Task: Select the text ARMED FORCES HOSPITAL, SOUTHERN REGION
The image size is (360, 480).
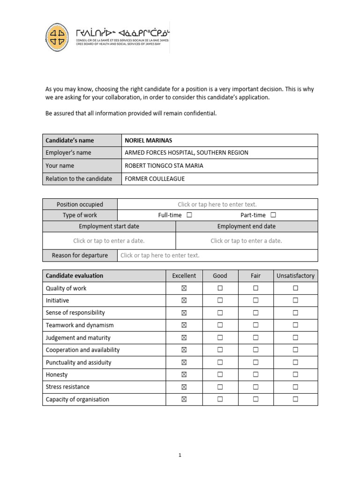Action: coord(186,153)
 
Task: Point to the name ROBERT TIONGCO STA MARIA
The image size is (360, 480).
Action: coord(164,165)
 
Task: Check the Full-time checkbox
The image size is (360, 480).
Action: coord(189,215)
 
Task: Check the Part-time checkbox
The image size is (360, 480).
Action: coord(273,215)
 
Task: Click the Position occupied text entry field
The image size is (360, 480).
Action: coord(217,204)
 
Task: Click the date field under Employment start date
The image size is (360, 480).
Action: coord(109,241)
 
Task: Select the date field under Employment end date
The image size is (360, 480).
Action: coord(246,241)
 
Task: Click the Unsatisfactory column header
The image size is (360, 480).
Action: coord(295,276)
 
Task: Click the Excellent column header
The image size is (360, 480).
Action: coord(184,276)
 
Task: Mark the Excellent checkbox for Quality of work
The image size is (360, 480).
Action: coord(184,288)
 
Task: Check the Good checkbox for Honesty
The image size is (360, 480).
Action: coord(220,375)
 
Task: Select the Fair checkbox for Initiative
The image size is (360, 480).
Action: coord(255,300)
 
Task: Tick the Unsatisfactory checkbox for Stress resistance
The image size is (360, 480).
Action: coord(295,387)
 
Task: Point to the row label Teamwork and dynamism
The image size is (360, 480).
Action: coord(80,325)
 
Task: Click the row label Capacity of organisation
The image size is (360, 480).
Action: coord(77,399)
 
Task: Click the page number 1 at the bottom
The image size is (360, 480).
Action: coord(180,454)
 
